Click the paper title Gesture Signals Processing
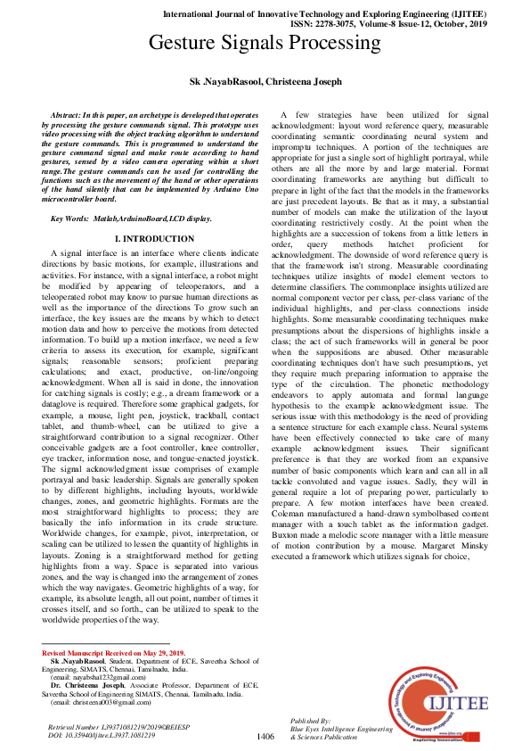click(x=265, y=42)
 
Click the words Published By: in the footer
click(x=311, y=719)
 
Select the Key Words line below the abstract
click(x=131, y=219)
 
